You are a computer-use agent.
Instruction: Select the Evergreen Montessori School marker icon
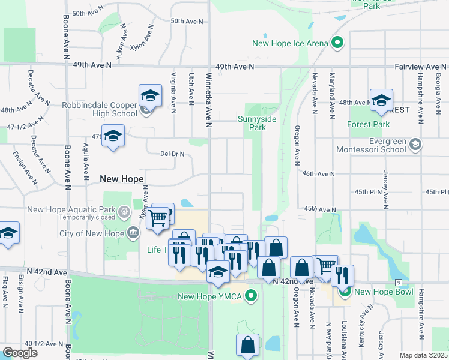417,145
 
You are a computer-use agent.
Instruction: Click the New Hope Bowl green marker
345,292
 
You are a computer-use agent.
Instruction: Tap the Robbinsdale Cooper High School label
100,109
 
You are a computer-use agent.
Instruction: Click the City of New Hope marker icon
132,233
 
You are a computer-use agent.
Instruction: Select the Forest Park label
369,125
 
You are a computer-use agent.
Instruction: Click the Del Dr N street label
172,154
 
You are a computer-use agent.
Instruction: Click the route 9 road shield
398,282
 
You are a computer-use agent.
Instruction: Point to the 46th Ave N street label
318,173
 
